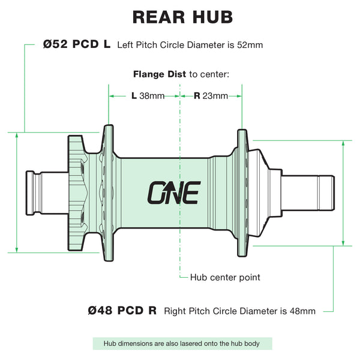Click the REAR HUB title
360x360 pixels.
183,17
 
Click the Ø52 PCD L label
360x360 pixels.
77,44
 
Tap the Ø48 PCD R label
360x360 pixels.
122,311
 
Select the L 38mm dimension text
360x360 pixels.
148,96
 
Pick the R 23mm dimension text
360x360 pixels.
211,96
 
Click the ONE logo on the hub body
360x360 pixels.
174,193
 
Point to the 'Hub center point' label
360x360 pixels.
225,277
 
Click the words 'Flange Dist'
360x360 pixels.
160,74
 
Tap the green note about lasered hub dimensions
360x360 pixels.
182,344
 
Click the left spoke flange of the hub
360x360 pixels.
108,193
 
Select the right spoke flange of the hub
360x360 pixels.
242,193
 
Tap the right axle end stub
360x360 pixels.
308,193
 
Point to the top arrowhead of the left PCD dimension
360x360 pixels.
17,135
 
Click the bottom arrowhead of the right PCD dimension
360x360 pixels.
343,243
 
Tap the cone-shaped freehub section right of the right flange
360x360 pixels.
258,193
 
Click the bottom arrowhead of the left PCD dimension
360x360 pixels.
17,250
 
